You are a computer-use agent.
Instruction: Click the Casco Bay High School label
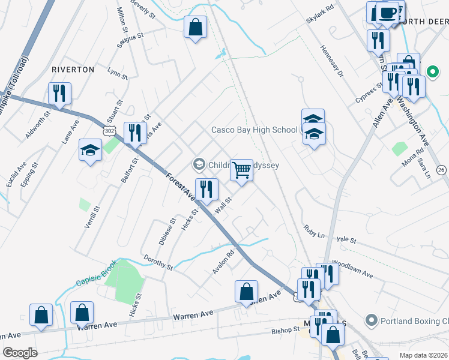254,130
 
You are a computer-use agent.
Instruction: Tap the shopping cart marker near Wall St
241,170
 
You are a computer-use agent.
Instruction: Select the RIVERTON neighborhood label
73,70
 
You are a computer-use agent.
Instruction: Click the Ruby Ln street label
313,230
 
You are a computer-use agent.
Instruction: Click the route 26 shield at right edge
442,170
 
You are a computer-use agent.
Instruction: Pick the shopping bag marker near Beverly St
195,26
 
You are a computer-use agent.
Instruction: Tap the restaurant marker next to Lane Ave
59,93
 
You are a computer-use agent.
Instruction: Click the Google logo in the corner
20,353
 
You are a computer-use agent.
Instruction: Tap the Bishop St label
285,330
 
